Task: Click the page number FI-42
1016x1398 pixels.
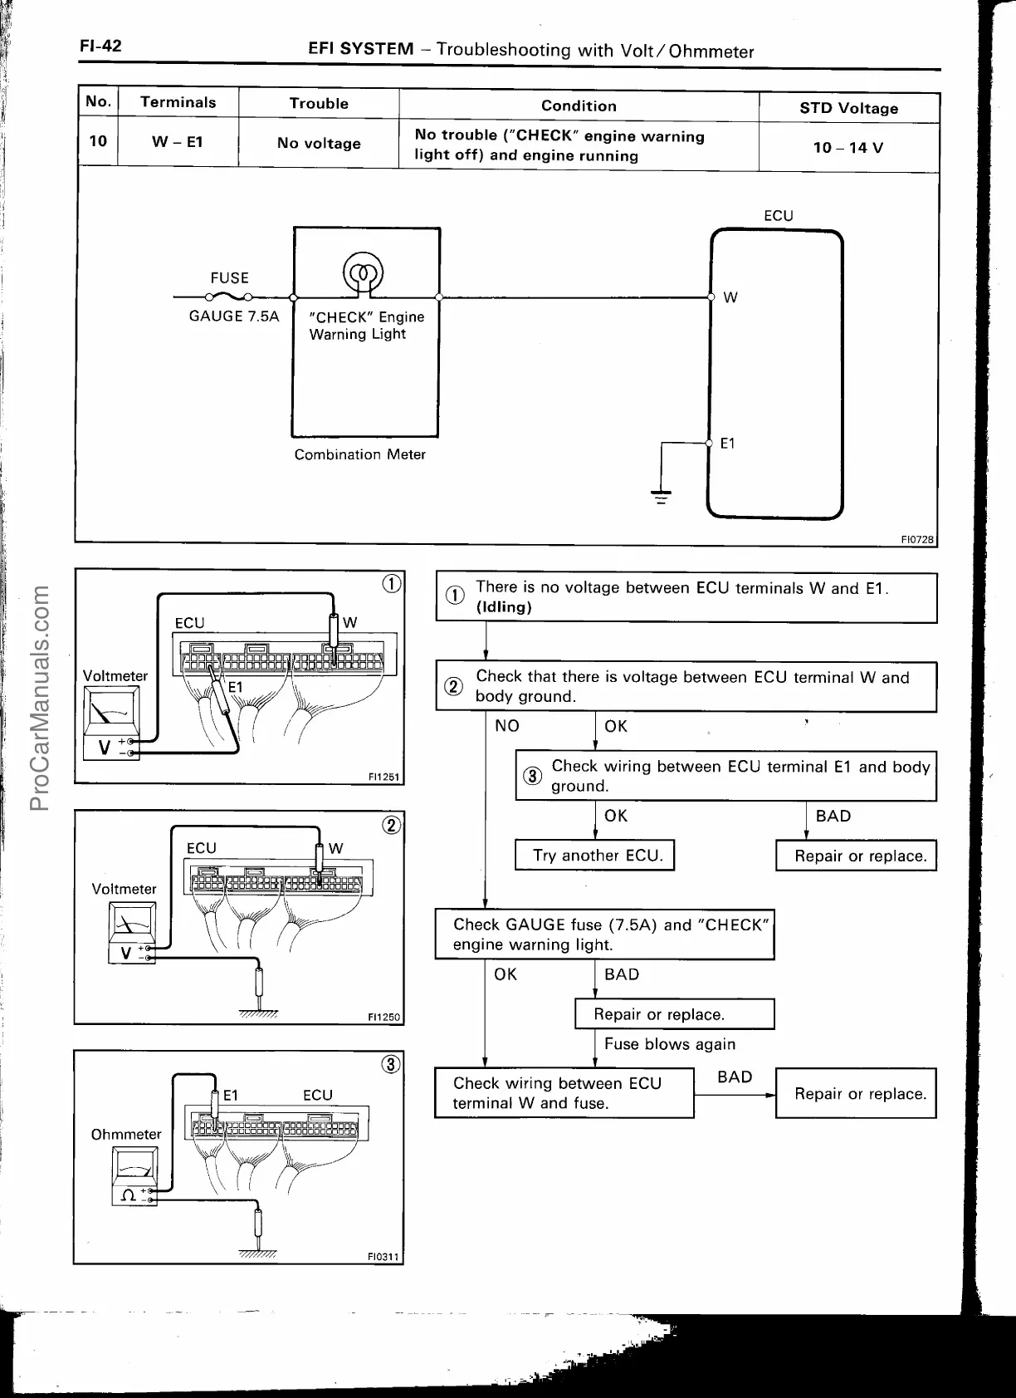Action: (100, 46)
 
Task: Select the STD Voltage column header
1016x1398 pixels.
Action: (848, 108)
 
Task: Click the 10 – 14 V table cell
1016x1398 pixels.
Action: (848, 148)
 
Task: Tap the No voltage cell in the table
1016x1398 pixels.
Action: (319, 144)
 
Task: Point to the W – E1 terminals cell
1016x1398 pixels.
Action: (178, 142)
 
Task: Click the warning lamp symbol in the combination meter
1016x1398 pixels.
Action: (363, 273)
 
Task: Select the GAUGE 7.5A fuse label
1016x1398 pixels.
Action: (234, 316)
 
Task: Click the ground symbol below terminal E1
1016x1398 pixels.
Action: (661, 497)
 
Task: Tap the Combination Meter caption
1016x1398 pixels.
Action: (359, 454)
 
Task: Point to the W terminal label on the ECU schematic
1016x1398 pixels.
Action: (730, 297)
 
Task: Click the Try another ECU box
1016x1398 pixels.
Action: (594, 856)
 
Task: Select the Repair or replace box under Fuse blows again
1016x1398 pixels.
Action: (674, 1014)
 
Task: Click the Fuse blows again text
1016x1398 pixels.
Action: (670, 1044)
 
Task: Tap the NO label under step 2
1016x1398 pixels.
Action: (506, 726)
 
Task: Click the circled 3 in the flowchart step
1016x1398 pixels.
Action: (531, 776)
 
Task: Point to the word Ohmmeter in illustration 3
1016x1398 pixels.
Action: (126, 1134)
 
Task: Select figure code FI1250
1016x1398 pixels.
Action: (383, 1017)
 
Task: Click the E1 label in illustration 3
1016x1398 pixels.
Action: (231, 1096)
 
